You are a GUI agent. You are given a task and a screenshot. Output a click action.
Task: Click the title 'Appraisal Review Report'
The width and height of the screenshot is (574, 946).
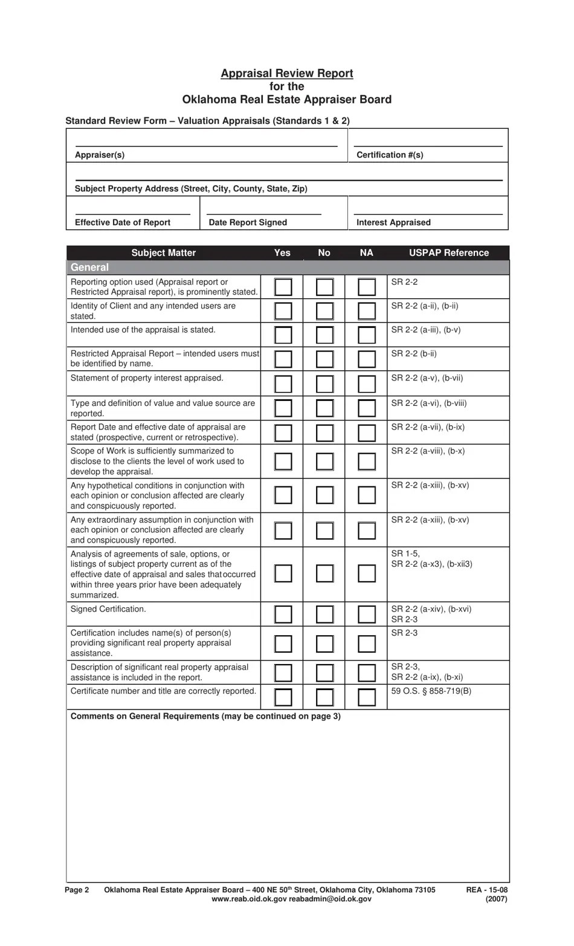coord(286,73)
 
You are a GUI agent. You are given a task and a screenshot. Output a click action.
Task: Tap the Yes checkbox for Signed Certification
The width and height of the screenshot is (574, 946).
coord(283,614)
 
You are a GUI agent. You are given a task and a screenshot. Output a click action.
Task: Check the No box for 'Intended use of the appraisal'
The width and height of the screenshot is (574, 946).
coord(324,334)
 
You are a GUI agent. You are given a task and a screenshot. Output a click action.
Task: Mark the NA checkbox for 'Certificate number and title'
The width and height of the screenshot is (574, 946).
coord(366,697)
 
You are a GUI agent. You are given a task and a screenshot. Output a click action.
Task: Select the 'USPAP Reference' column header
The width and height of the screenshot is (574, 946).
coord(448,253)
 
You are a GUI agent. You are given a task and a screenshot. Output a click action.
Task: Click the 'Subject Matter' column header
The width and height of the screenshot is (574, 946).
coord(163,253)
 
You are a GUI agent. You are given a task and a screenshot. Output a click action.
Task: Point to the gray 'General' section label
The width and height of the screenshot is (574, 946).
coord(89,267)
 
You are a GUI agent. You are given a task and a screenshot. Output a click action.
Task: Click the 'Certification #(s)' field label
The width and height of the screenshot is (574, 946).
coord(390,155)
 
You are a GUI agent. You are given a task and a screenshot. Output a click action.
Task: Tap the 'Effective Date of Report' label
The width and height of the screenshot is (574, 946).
coord(122,223)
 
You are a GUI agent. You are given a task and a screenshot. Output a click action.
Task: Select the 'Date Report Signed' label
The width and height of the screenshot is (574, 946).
coord(248,223)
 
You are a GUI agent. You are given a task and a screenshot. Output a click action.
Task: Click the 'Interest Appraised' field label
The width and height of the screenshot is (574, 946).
coord(393,223)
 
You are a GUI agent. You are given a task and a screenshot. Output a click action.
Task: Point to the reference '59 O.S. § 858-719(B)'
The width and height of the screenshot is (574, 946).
coord(431,691)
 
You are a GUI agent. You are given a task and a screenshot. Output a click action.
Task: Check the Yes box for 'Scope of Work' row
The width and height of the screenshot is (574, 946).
coord(283,462)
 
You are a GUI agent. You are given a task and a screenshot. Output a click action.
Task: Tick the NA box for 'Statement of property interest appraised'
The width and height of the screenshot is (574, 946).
coord(366,383)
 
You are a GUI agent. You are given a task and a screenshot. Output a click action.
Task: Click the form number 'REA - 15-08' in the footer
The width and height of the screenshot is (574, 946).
coord(486,890)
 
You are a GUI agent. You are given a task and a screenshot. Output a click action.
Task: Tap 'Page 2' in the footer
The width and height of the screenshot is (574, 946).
coord(77,890)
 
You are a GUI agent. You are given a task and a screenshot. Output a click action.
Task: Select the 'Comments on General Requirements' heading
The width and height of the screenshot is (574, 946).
coord(205,716)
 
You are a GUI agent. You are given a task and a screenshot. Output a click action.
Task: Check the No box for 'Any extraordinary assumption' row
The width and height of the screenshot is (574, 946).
coord(324,530)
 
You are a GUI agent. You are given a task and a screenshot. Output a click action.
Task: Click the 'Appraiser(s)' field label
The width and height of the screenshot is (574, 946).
coord(100,155)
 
